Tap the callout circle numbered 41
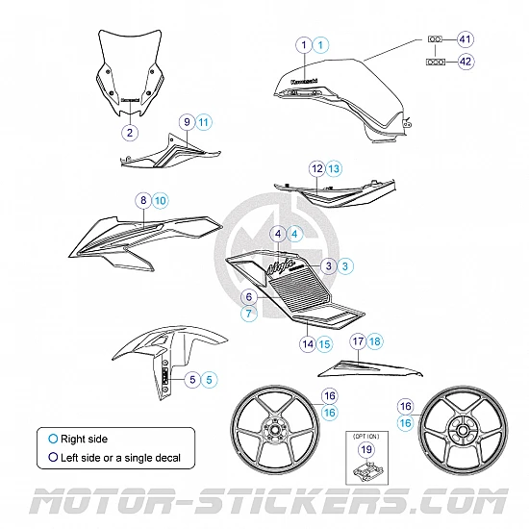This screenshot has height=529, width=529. pyautogui.click(x=466, y=39)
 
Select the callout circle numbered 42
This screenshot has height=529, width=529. pyautogui.click(x=466, y=61)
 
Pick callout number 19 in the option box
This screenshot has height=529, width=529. pyautogui.click(x=365, y=448)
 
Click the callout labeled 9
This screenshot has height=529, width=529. pyautogui.click(x=187, y=122)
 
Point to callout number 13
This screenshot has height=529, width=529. pyautogui.click(x=333, y=168)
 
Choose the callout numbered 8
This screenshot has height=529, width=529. pyautogui.click(x=143, y=200)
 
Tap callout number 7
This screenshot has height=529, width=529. pyautogui.click(x=248, y=314)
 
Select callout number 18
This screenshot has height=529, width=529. pyautogui.click(x=374, y=340)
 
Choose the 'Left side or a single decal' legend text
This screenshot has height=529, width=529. pyautogui.click(x=120, y=458)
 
